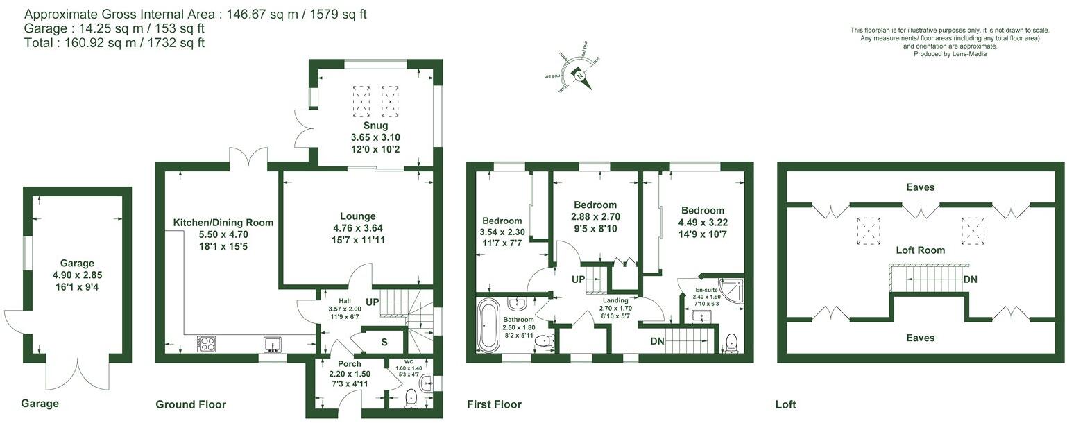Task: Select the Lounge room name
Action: click(x=357, y=216)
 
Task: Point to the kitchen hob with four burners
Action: click(x=207, y=344)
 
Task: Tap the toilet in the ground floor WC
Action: click(x=411, y=397)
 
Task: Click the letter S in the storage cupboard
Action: click(x=384, y=342)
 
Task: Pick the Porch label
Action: click(x=349, y=364)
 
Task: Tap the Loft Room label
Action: click(x=920, y=250)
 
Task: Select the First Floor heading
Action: click(x=494, y=404)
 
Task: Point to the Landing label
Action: click(x=615, y=300)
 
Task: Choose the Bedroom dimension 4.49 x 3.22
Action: click(x=702, y=223)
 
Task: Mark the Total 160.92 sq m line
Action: click(x=114, y=43)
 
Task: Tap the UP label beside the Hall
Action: click(x=372, y=302)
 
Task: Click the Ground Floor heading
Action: click(x=191, y=404)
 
